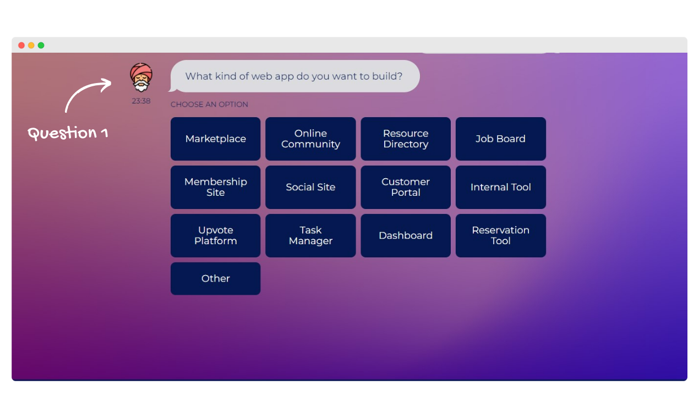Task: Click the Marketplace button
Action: pyautogui.click(x=215, y=139)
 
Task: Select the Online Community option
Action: pyautogui.click(x=310, y=139)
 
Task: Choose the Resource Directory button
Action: pyautogui.click(x=406, y=139)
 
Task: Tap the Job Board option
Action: pyautogui.click(x=500, y=139)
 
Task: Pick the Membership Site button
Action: pyautogui.click(x=215, y=187)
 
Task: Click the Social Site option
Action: pyautogui.click(x=310, y=187)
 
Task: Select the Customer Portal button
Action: pyautogui.click(x=406, y=187)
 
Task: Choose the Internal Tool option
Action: pyautogui.click(x=500, y=187)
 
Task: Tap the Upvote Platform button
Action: pyautogui.click(x=215, y=235)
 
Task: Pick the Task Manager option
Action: pyautogui.click(x=310, y=235)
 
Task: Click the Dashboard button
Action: pyautogui.click(x=406, y=235)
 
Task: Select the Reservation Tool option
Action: pyautogui.click(x=500, y=235)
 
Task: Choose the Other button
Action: pyautogui.click(x=215, y=278)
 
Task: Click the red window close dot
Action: pyautogui.click(x=21, y=46)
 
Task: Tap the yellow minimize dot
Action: pyautogui.click(x=31, y=46)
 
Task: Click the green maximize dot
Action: pyautogui.click(x=41, y=46)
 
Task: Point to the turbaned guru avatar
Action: pyautogui.click(x=141, y=78)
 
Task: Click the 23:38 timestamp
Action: pyautogui.click(x=141, y=101)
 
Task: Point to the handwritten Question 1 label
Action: pyautogui.click(x=68, y=133)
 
